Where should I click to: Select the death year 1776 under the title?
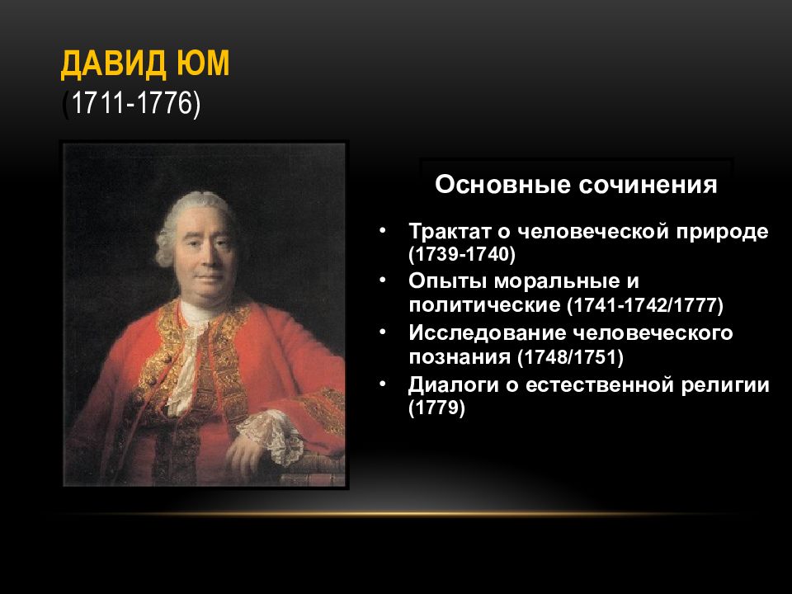165,105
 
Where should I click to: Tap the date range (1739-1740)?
461,252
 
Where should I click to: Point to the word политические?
484,304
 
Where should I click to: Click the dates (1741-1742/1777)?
644,304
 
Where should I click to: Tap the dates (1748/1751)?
570,357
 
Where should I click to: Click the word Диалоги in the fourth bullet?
449,385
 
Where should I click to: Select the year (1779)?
437,408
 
